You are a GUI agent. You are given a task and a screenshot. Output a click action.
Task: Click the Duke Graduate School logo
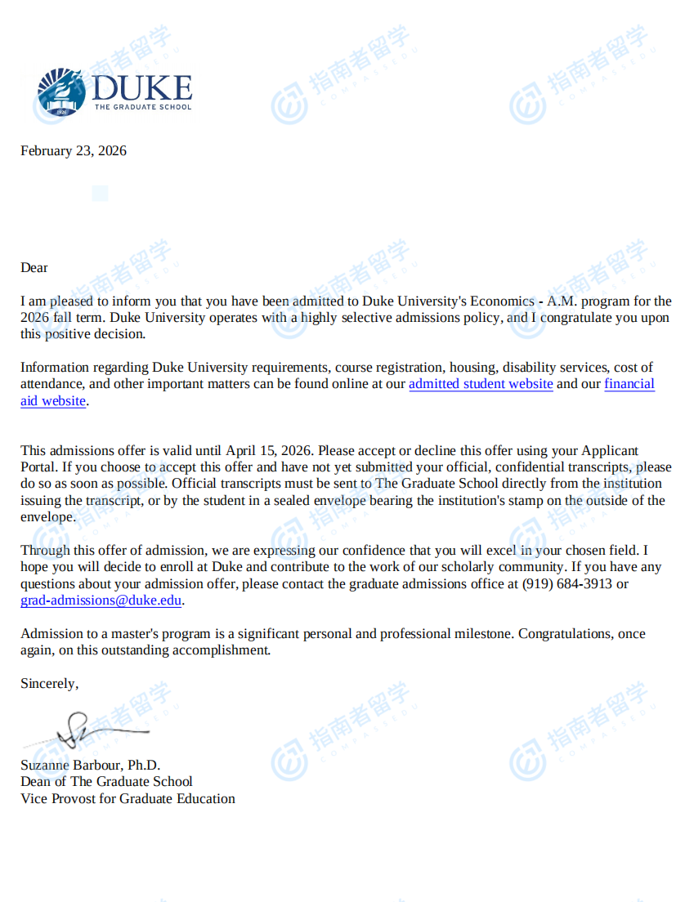click(x=114, y=92)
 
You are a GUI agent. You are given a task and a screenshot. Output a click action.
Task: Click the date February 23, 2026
click(x=74, y=150)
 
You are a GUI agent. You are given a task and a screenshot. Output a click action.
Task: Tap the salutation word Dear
click(x=34, y=267)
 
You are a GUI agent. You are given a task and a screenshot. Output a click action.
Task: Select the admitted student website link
click(x=481, y=384)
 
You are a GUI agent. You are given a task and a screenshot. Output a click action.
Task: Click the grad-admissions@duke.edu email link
click(x=101, y=601)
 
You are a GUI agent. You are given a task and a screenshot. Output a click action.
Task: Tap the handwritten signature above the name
click(x=90, y=730)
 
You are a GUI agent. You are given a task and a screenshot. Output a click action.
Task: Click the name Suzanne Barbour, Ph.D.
click(x=90, y=765)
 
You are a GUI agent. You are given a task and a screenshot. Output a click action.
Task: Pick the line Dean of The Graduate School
click(x=106, y=781)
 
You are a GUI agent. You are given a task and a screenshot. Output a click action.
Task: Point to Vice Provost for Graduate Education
click(x=128, y=798)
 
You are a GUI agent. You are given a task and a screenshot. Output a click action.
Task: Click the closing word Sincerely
click(x=49, y=683)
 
